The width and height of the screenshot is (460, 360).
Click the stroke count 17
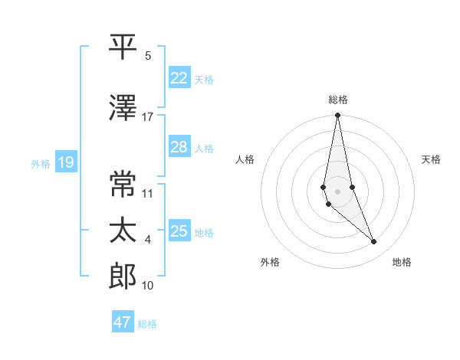pos(148,117)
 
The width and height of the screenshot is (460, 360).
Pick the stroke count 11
pos(148,193)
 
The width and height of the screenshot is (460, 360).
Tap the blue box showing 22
pos(179,78)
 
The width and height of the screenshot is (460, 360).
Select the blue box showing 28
pos(179,147)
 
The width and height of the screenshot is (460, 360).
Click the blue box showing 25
pos(179,231)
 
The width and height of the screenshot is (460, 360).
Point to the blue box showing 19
pos(65,162)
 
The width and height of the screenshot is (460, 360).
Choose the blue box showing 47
pos(122,322)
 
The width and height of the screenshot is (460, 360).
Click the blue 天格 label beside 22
pos(204,79)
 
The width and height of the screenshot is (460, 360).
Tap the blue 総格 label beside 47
pos(147,324)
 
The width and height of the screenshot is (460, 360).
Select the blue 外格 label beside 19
pos(41,163)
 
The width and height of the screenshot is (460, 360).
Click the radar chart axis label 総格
pos(338,100)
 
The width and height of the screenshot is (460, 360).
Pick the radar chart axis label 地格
pos(402,262)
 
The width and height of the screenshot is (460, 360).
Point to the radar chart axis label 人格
pos(245,159)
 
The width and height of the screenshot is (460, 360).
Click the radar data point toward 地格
pos(374,242)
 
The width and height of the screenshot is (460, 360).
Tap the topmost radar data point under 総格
pos(337,116)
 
